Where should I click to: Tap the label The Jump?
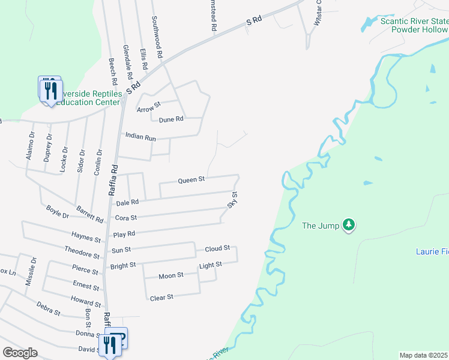click(316, 226)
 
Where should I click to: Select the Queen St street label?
click(191, 179)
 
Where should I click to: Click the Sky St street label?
click(232, 200)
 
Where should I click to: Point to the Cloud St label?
click(217, 248)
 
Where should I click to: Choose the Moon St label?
click(171, 276)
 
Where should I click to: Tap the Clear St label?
click(161, 297)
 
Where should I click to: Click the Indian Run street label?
click(140, 137)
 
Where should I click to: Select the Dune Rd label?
click(170, 119)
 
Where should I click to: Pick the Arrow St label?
click(149, 107)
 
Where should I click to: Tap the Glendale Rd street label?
click(127, 63)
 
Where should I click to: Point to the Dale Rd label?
click(127, 202)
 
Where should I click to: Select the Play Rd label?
click(124, 233)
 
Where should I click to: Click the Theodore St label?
click(82, 251)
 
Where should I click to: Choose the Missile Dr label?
click(31, 276)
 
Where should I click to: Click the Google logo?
click(20, 353)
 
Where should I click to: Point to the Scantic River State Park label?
click(414, 25)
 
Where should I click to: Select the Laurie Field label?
click(432, 251)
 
